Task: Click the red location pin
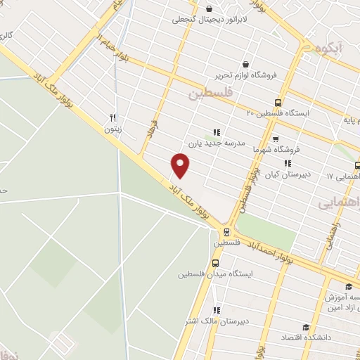(181, 166)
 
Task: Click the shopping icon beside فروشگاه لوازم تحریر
(245, 63)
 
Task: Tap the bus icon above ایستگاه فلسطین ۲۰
(278, 102)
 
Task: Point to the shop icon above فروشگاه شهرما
(275, 139)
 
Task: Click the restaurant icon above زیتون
(112, 118)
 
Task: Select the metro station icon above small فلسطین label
(226, 231)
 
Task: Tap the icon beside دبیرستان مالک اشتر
(217, 310)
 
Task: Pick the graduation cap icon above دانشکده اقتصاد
(306, 327)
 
